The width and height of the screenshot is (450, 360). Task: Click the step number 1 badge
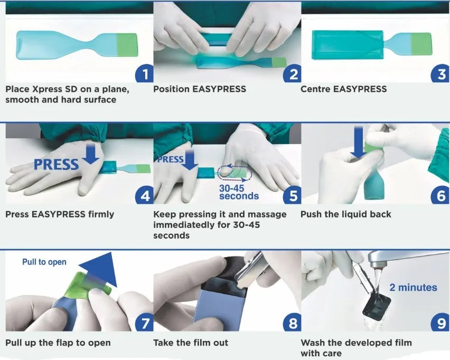click(144, 73)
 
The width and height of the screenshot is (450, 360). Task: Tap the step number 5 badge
click(292, 195)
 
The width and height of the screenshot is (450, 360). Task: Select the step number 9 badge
click(441, 323)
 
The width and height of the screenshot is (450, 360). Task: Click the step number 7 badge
click(144, 323)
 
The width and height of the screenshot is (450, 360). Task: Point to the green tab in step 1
click(127, 45)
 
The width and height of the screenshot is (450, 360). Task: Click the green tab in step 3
click(421, 44)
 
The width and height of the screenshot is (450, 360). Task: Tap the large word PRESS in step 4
click(56, 165)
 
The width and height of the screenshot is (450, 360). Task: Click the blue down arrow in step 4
click(90, 154)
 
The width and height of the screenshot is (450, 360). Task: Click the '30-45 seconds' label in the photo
click(239, 192)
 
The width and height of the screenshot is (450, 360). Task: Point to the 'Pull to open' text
click(44, 262)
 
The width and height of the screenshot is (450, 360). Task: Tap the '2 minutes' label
click(413, 288)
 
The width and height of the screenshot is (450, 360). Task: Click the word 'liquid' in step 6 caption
click(351, 214)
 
